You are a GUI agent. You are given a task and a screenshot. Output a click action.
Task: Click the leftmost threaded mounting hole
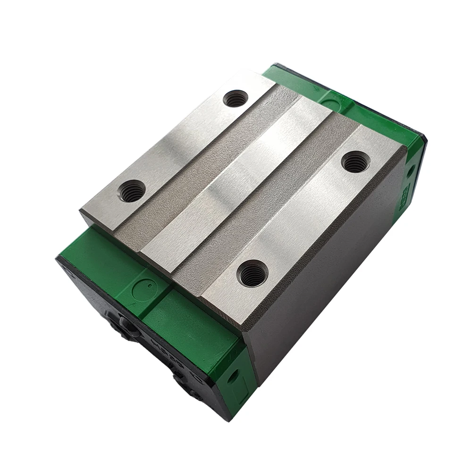(x=131, y=191)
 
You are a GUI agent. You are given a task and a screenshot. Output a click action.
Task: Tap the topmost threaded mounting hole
(x=235, y=99)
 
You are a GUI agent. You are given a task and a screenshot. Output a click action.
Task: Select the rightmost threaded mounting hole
(x=354, y=162)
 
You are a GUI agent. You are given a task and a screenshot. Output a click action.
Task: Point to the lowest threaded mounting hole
(x=252, y=274)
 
